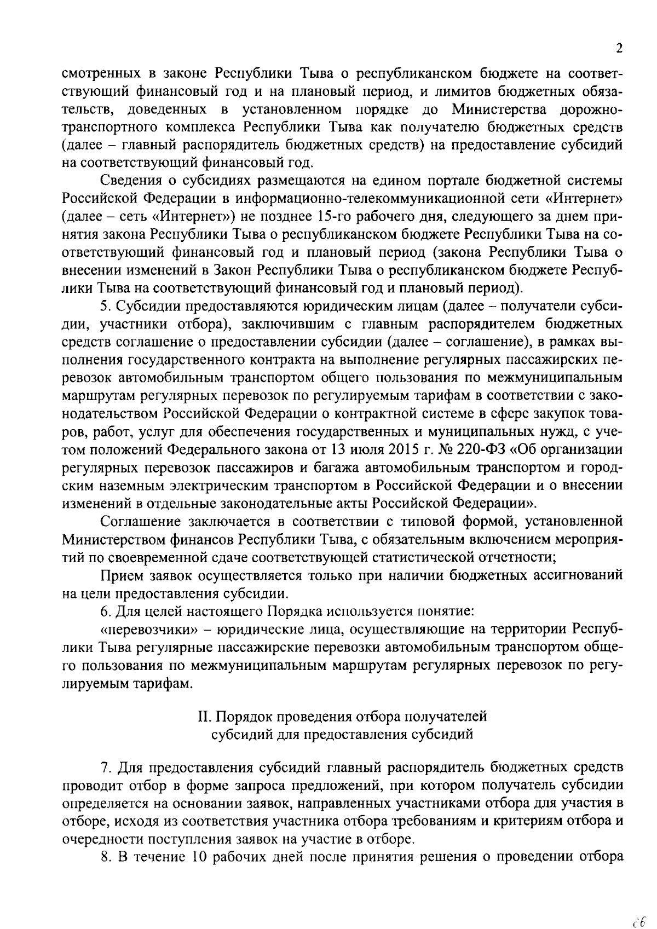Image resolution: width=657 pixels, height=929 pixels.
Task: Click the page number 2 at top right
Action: coord(619,49)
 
